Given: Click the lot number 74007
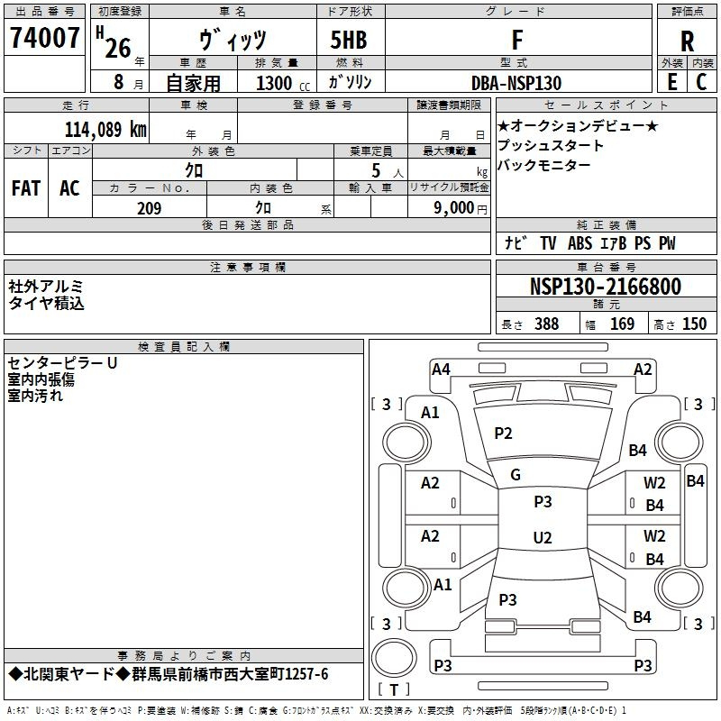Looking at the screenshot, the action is pyautogui.click(x=44, y=38).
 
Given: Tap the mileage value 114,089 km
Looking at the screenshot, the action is pyautogui.click(x=105, y=129).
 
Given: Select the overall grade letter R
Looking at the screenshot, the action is pyautogui.click(x=687, y=41).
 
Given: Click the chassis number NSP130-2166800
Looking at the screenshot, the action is pyautogui.click(x=606, y=287).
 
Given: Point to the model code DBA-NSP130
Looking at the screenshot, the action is pyautogui.click(x=516, y=83).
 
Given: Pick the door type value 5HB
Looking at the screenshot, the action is pyautogui.click(x=349, y=40).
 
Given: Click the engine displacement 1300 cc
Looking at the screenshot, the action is pyautogui.click(x=283, y=83).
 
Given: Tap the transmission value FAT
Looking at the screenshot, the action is pyautogui.click(x=26, y=188).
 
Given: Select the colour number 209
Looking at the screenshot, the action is pyautogui.click(x=149, y=208).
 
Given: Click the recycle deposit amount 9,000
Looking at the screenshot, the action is pyautogui.click(x=454, y=208).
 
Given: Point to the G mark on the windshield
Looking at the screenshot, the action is pyautogui.click(x=516, y=475).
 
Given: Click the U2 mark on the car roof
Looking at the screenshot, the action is pyautogui.click(x=543, y=537).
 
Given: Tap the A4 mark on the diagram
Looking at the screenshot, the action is pyautogui.click(x=441, y=370).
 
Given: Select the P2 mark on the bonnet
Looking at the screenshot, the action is pyautogui.click(x=503, y=434).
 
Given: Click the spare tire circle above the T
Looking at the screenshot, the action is pyautogui.click(x=394, y=658).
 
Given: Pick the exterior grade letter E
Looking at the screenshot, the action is pyautogui.click(x=672, y=82).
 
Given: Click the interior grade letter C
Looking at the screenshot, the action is pyautogui.click(x=701, y=82).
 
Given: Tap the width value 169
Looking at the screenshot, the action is pyautogui.click(x=622, y=324).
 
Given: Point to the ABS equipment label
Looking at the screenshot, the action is pyautogui.click(x=580, y=243).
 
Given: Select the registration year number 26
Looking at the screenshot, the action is pyautogui.click(x=118, y=48).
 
